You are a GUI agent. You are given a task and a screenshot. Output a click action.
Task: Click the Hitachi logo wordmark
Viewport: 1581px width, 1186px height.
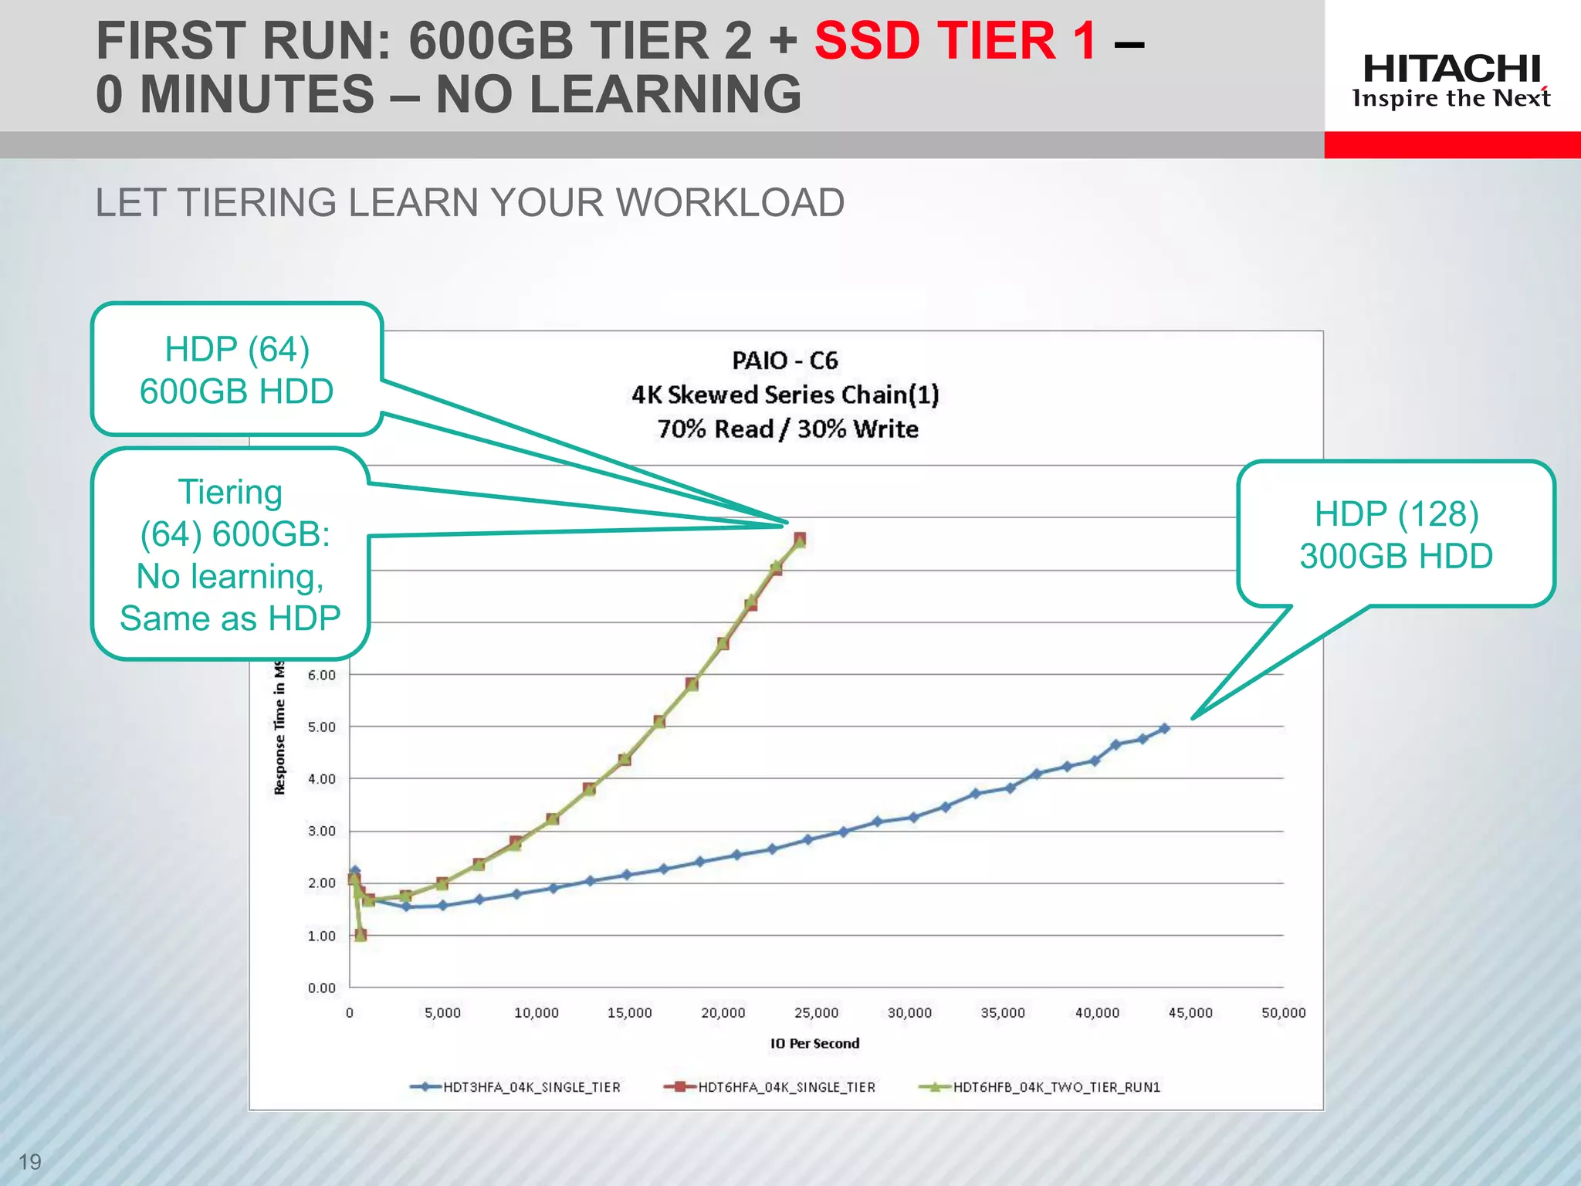(x=1451, y=69)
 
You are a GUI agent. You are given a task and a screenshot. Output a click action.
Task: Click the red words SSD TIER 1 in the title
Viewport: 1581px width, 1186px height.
(x=956, y=40)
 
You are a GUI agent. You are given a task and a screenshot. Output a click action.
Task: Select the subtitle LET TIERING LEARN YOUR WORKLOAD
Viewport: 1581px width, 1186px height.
(x=469, y=203)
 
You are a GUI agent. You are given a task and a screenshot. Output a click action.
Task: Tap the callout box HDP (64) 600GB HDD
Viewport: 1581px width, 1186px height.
(x=236, y=370)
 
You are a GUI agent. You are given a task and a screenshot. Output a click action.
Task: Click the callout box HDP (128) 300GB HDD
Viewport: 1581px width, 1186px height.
(x=1396, y=534)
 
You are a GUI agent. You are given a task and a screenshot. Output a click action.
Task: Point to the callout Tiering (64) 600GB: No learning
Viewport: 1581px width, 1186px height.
(x=230, y=554)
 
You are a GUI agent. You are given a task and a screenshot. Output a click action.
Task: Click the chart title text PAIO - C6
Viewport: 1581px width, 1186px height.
(x=784, y=361)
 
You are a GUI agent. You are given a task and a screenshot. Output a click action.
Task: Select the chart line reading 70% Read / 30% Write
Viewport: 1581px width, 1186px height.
(x=787, y=429)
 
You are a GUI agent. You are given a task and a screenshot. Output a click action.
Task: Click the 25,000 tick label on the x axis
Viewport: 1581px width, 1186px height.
(x=816, y=1013)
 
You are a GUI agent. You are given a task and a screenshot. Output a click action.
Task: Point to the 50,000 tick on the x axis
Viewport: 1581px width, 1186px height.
(x=1283, y=1013)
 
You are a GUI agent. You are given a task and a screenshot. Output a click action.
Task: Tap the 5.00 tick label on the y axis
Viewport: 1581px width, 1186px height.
(x=321, y=727)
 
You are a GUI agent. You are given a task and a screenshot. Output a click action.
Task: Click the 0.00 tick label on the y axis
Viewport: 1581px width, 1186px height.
(x=321, y=988)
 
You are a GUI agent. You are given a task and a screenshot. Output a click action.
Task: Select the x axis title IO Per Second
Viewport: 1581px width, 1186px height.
(x=814, y=1043)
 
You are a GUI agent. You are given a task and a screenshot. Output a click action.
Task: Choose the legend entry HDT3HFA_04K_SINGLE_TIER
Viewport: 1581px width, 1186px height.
(x=531, y=1087)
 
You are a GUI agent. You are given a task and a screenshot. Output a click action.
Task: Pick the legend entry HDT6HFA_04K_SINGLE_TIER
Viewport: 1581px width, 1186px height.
(x=786, y=1087)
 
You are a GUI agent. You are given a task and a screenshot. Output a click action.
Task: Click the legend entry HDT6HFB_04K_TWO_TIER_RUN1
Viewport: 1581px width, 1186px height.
(x=1056, y=1087)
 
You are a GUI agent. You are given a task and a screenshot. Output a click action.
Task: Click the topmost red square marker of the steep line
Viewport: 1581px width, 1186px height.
(x=800, y=538)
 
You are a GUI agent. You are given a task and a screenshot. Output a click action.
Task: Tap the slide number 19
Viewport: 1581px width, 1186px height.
(x=29, y=1161)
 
